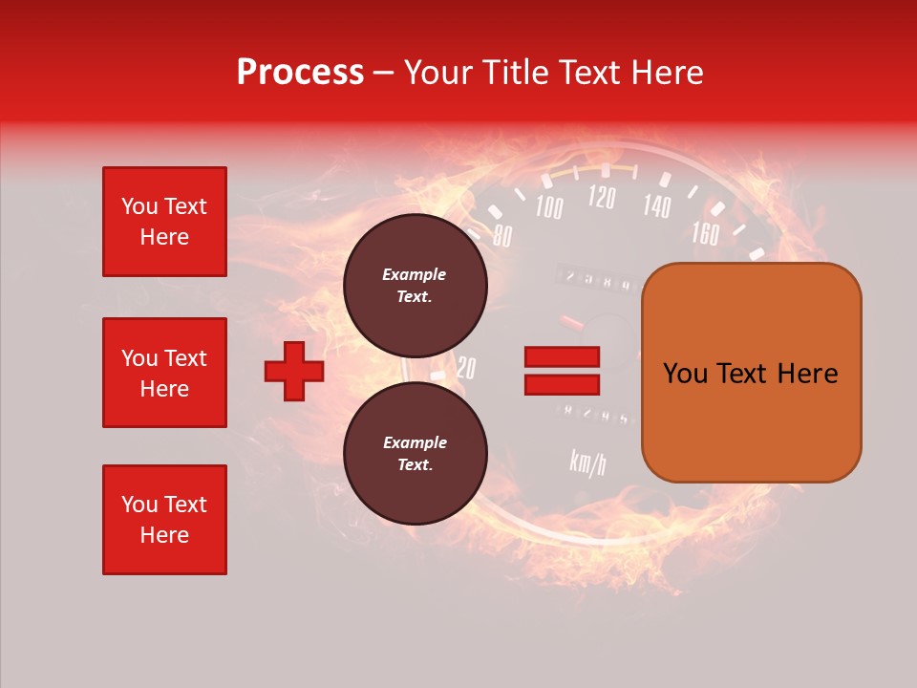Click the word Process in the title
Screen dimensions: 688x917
click(x=300, y=73)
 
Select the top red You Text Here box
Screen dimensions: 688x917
click(x=164, y=222)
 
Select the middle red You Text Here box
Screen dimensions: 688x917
click(x=164, y=373)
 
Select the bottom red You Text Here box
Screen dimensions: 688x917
click(x=164, y=520)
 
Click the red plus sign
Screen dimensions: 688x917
click(x=294, y=370)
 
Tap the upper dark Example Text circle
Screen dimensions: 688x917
click(x=415, y=285)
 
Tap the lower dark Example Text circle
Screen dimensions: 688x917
click(x=415, y=453)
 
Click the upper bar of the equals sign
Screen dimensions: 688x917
click(x=562, y=356)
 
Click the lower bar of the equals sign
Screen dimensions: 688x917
click(x=562, y=384)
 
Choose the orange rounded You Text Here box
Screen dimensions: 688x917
click(x=751, y=373)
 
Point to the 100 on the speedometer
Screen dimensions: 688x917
click(x=548, y=206)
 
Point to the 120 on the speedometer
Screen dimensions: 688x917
click(x=601, y=197)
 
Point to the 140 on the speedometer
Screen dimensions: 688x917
click(x=656, y=204)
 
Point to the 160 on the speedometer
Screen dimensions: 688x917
click(x=704, y=232)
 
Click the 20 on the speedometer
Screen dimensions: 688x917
click(x=465, y=368)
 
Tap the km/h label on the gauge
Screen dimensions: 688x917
click(x=587, y=462)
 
